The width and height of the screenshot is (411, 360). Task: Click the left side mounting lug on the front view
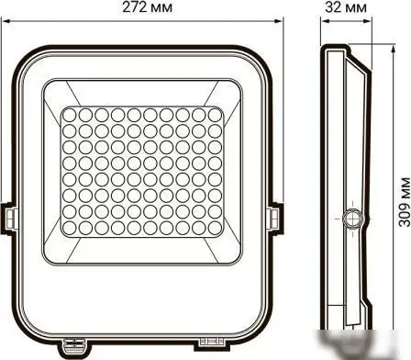[10, 218]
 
